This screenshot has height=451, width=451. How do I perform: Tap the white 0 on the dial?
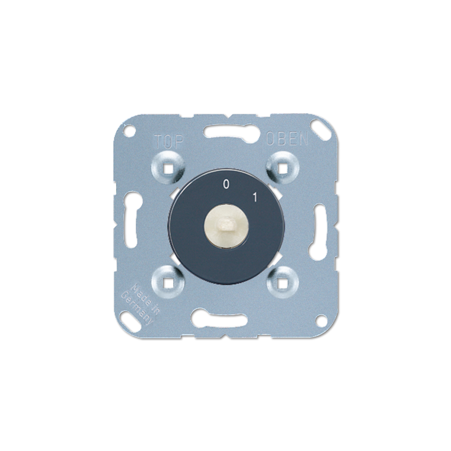click(x=226, y=184)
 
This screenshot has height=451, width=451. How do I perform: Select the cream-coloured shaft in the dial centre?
click(x=225, y=225)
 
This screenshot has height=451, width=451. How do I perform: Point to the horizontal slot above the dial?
click(x=225, y=134)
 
